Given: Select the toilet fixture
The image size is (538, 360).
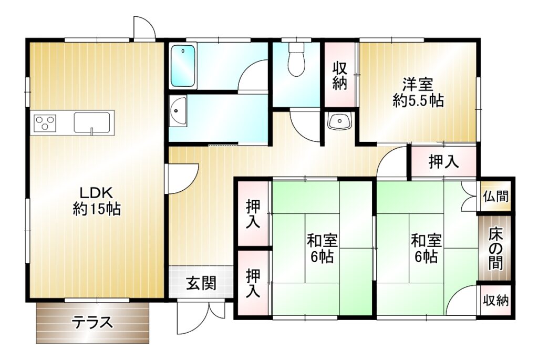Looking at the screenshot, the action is (x=296, y=59).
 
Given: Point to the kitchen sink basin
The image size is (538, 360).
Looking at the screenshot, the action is (x=92, y=122).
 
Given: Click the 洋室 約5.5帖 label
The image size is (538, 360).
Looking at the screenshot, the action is (x=418, y=92).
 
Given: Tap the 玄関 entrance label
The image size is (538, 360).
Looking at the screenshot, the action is (x=201, y=283).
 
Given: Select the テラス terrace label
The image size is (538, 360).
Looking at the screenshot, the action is (x=92, y=323).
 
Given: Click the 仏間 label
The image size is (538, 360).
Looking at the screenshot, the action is (x=496, y=197).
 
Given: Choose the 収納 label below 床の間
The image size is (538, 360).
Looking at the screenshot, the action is (x=496, y=301).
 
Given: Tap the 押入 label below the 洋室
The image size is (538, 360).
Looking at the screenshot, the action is (x=443, y=162).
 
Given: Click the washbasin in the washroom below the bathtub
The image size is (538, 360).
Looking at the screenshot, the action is (x=178, y=110).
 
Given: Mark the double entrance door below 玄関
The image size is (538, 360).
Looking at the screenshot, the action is (x=201, y=317).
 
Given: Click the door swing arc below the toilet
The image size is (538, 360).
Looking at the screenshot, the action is (x=305, y=126).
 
